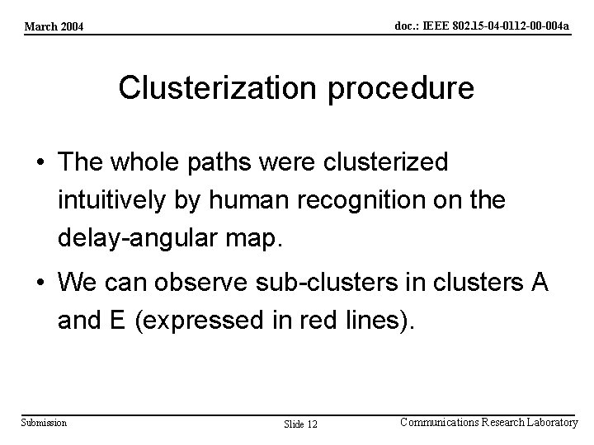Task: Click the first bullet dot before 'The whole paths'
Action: (x=41, y=163)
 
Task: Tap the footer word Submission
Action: (x=45, y=423)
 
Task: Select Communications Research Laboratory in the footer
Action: (x=488, y=422)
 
